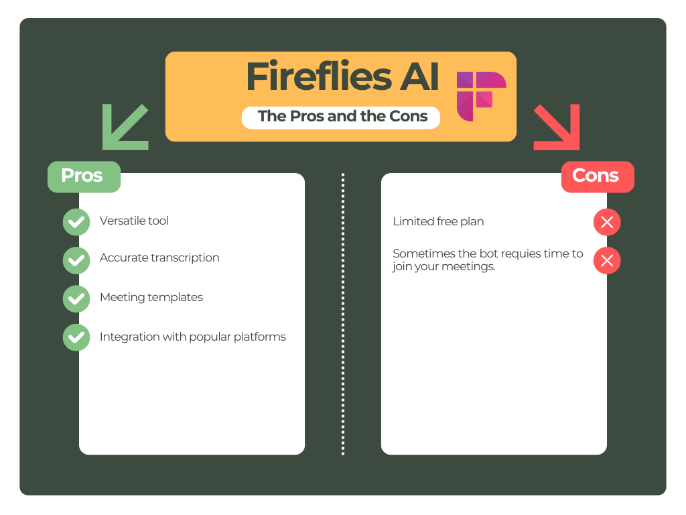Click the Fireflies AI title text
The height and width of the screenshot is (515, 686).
342,77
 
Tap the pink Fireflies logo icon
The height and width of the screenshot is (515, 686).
480,96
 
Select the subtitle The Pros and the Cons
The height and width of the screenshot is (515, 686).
342,116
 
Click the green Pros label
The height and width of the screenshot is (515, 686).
83,176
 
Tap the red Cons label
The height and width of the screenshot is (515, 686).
596,176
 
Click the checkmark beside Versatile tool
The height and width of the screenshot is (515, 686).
76,222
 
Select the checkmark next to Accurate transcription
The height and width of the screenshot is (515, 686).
76,260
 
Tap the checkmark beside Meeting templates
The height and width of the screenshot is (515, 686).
76,299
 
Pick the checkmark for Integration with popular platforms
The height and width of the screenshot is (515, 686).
76,337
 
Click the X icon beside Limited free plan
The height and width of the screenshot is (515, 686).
607,222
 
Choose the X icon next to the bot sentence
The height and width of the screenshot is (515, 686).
607,261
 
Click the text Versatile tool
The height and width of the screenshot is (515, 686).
134,221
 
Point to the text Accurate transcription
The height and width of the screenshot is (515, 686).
159,258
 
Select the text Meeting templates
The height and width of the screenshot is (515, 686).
151,297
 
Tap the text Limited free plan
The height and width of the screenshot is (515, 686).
438,221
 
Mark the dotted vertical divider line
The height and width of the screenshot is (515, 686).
343,314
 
